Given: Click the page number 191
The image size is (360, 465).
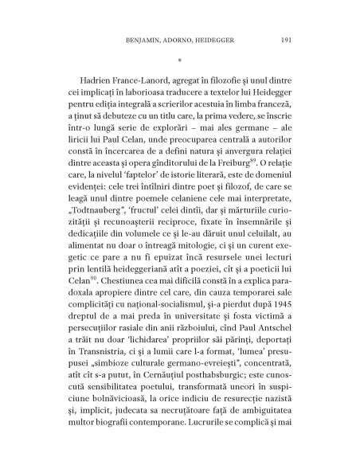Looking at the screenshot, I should tap(289, 39).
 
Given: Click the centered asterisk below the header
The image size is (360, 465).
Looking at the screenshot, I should tap(180, 60).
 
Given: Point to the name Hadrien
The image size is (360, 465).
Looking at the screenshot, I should tap(99, 82).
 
